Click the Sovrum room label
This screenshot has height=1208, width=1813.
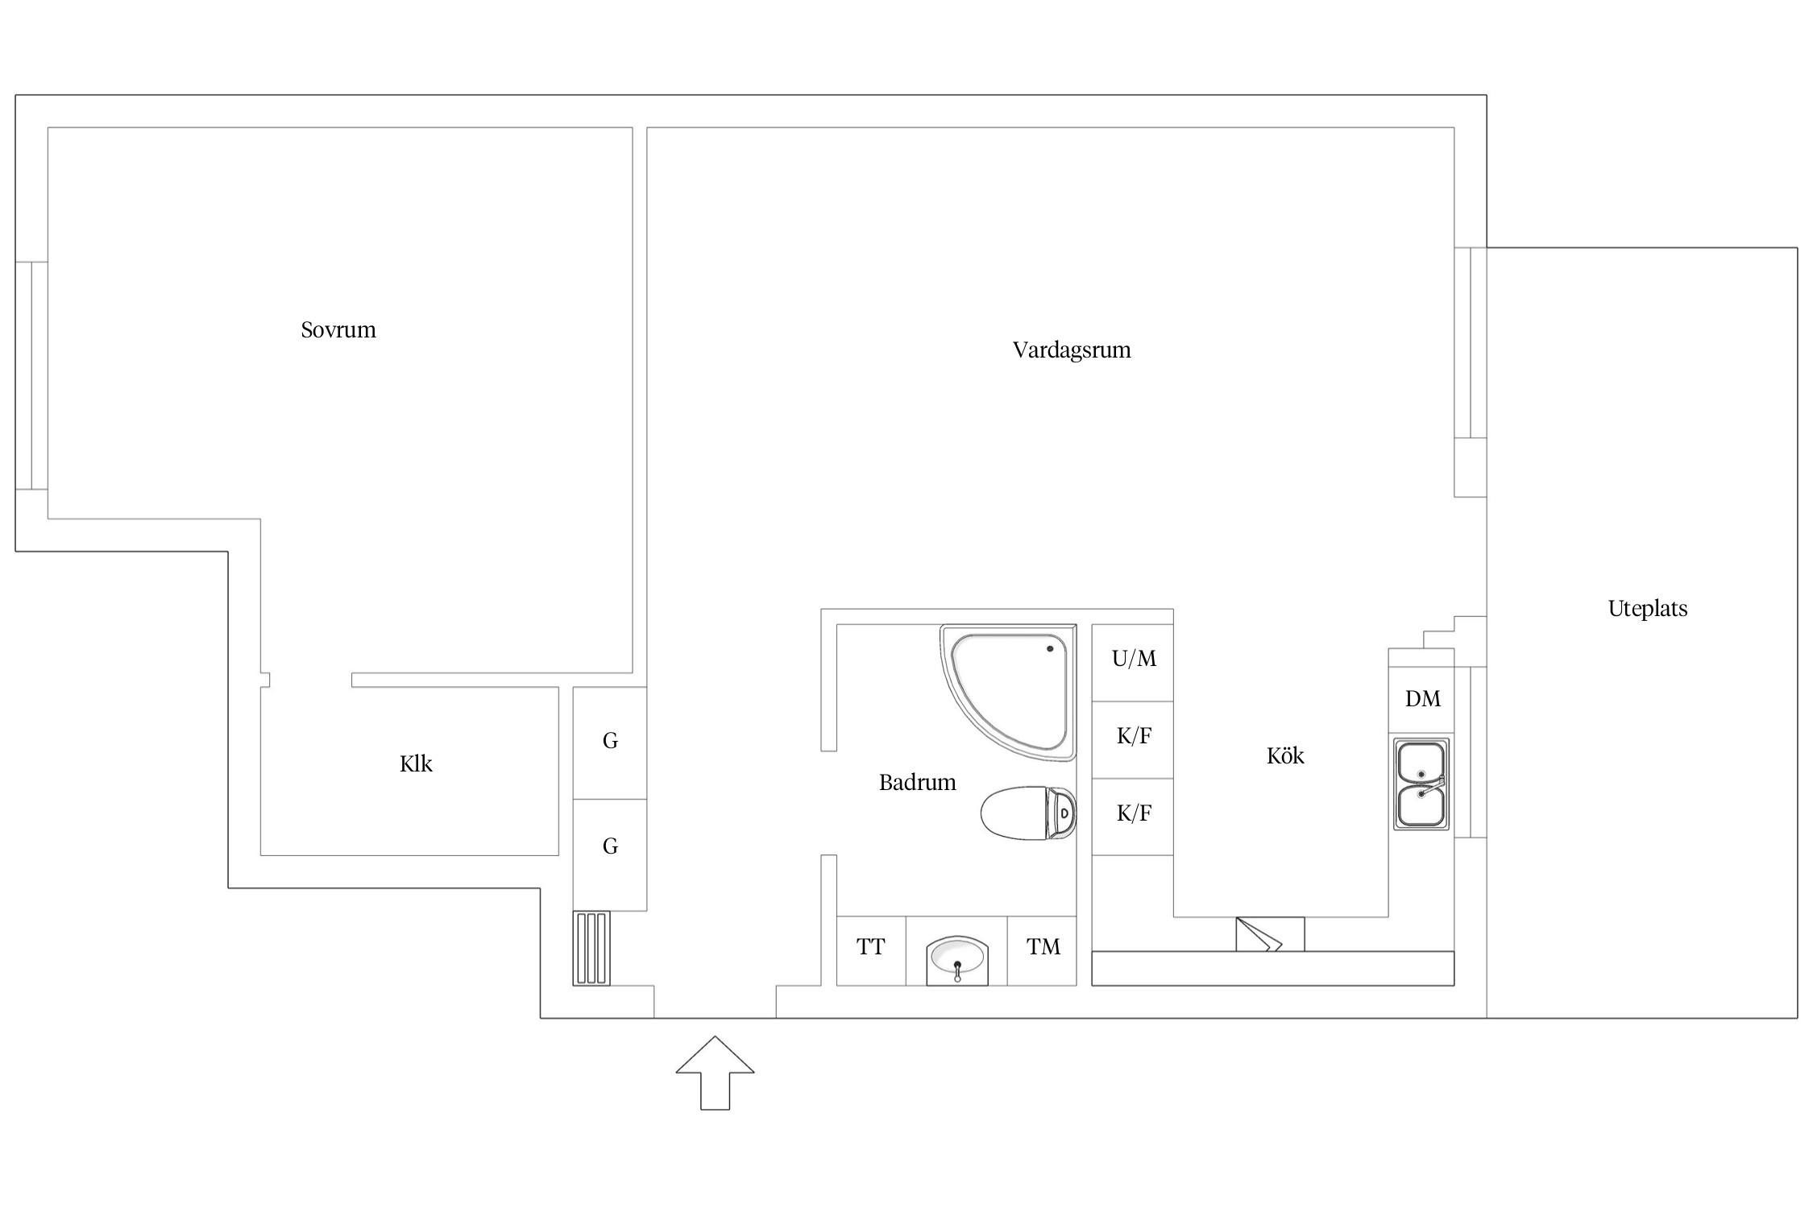tap(338, 330)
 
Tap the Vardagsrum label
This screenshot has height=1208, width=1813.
tap(1072, 350)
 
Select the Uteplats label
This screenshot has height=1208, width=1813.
tap(1648, 609)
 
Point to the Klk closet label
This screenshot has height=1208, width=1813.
tap(416, 763)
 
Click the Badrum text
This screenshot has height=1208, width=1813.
tap(917, 783)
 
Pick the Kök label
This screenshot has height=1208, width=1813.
tap(1285, 755)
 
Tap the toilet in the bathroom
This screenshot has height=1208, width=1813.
tap(1028, 813)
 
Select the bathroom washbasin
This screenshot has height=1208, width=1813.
tap(956, 959)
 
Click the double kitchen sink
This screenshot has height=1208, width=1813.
tap(1421, 784)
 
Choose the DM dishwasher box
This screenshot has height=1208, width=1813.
tap(1422, 699)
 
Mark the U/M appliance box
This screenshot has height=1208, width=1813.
tap(1133, 662)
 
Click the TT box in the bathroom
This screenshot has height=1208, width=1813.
tap(871, 950)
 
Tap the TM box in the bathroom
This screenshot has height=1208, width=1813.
tap(1043, 950)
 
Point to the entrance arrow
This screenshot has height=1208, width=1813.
tap(715, 1073)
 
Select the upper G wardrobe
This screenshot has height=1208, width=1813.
tap(610, 743)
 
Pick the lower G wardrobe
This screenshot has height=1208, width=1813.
tap(610, 854)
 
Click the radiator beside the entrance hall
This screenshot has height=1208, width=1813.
tap(591, 948)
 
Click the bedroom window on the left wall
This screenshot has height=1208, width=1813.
tap(31, 375)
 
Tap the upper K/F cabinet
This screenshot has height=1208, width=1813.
tap(1133, 739)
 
